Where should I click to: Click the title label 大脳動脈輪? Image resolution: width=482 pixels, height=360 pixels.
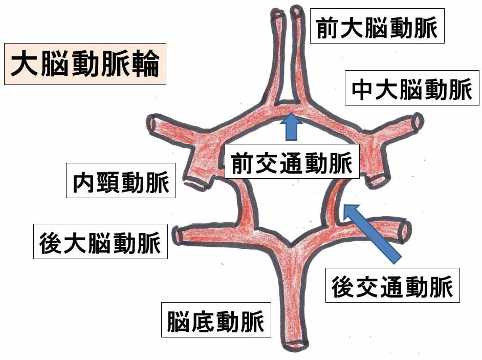[85, 64]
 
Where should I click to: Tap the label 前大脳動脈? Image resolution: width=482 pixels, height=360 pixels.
[377, 26]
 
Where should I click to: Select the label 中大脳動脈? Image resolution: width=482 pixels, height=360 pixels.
[412, 88]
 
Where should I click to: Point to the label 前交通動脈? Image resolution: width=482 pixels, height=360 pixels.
[292, 161]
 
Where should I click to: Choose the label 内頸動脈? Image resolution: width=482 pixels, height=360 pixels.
[121, 181]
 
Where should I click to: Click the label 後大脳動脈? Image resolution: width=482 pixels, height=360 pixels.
[100, 242]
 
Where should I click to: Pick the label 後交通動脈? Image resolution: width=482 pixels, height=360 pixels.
[392, 285]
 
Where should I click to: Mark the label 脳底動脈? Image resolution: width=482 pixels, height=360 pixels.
[216, 320]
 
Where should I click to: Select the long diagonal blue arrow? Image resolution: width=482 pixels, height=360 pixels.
[372, 234]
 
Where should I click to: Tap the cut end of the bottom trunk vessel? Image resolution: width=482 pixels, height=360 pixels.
[295, 345]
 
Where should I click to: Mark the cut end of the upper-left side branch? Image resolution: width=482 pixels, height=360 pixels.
[152, 124]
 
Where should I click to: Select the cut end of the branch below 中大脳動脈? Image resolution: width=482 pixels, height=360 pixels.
[418, 121]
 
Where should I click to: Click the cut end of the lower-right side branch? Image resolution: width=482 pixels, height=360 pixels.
[405, 231]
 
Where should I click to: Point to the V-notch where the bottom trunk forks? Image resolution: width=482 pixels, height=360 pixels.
[291, 245]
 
